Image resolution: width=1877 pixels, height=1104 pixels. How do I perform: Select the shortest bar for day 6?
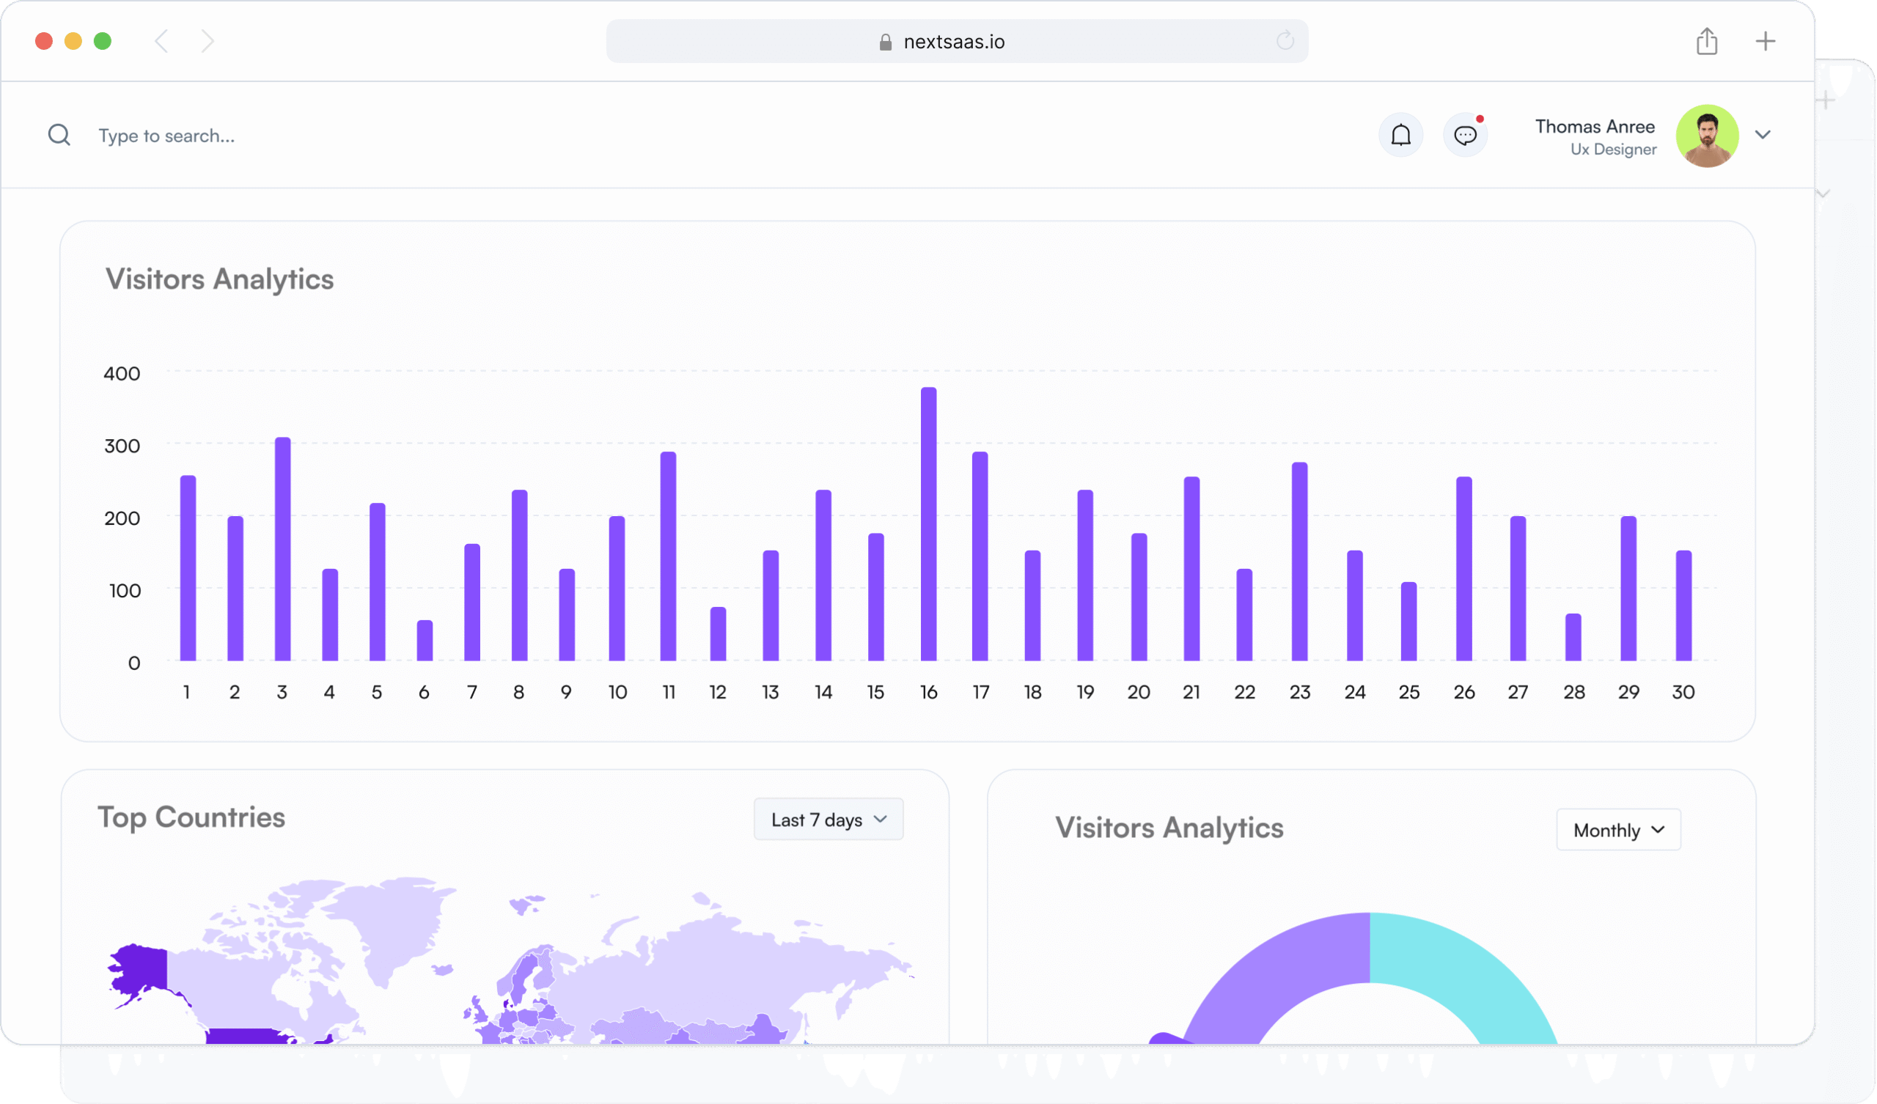(x=425, y=640)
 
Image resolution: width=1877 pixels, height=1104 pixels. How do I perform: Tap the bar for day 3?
(x=282, y=549)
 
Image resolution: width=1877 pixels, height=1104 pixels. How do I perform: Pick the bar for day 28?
(x=1573, y=637)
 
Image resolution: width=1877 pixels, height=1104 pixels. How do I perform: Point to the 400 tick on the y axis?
(x=122, y=373)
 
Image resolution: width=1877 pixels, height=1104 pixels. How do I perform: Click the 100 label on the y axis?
(x=125, y=591)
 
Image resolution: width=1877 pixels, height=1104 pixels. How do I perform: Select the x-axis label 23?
(x=1300, y=692)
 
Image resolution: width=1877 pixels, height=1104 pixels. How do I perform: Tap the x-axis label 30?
(x=1683, y=692)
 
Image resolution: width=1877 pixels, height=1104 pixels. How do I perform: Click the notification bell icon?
(x=1400, y=135)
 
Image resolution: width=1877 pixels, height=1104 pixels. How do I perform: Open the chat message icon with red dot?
(x=1465, y=135)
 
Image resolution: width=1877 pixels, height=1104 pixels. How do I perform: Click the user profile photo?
(x=1707, y=136)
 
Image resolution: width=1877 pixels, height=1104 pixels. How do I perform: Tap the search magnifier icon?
(x=59, y=135)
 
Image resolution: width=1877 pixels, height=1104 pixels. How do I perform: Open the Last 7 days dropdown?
(x=829, y=820)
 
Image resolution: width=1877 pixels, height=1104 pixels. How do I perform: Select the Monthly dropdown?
(x=1617, y=830)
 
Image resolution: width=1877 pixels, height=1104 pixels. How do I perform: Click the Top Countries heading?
(x=191, y=817)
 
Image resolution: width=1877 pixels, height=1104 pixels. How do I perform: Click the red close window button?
(x=44, y=41)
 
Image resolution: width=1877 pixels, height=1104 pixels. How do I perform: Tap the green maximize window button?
(x=103, y=41)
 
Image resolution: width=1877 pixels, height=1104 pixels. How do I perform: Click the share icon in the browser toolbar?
(x=1706, y=41)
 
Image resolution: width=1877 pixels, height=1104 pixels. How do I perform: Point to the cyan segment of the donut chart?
(x=1460, y=968)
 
